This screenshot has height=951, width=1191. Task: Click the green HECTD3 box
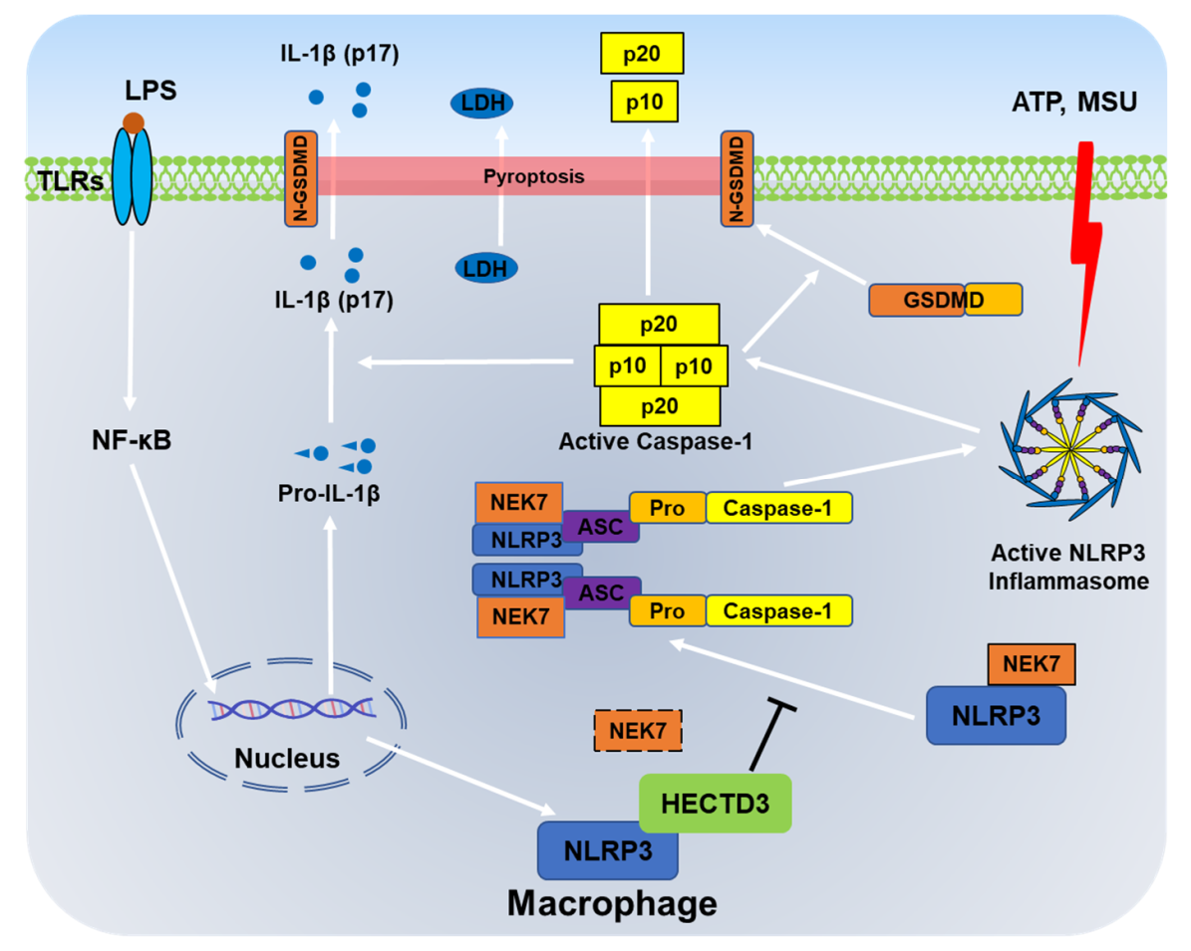pos(715,803)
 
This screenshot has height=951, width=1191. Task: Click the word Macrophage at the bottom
pos(612,903)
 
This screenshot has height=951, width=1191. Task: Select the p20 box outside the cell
pos(642,53)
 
